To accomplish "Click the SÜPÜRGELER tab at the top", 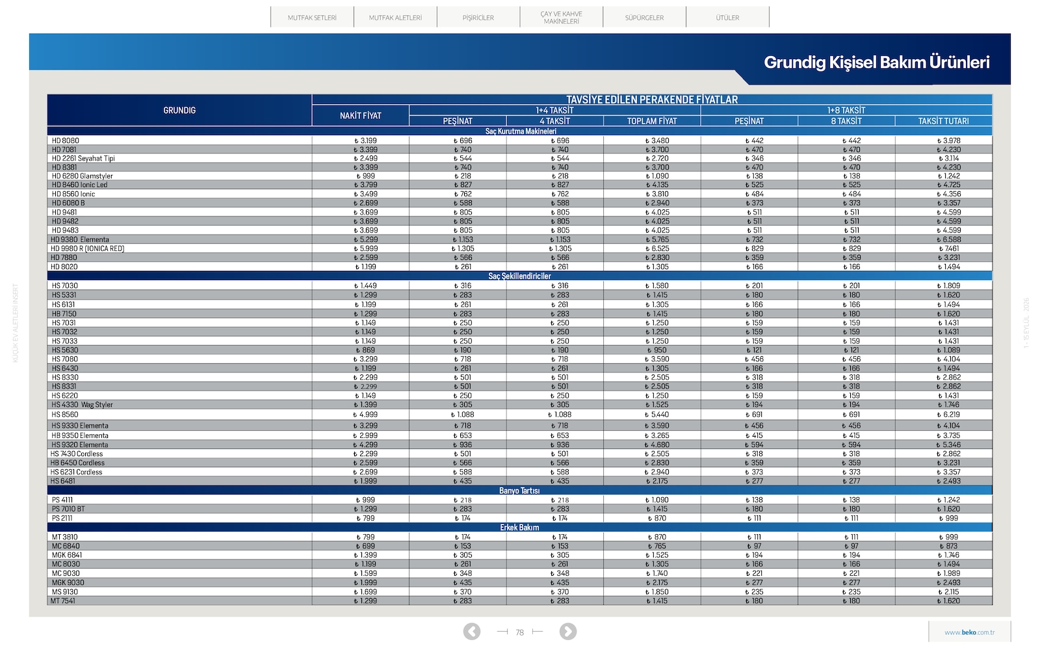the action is pos(644,18).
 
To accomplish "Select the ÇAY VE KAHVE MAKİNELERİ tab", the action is pos(562,18).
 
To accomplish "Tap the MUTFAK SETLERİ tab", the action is pos(312,18).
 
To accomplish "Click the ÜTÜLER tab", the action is pos(727,18).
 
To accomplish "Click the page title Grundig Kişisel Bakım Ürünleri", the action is pos(877,62).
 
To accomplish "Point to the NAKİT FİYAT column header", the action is pos(360,116).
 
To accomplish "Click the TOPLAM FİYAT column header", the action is pos(652,121).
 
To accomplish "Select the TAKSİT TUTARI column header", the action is pos(943,121).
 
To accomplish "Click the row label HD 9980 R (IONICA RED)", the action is pos(87,249).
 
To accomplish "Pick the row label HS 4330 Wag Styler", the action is pos(82,405).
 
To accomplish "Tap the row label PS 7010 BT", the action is pos(68,509).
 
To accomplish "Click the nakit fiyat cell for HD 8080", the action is pos(366,140).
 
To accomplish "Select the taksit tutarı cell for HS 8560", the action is pos(948,415).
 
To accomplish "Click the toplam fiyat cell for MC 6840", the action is pos(656,546).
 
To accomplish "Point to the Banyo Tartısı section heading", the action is pos(519,491).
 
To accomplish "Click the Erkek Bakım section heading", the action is pos(519,528).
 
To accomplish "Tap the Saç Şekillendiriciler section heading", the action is pos(519,276).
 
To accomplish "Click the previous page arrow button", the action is pos(472,632).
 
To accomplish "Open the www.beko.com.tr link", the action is pos(969,632).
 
